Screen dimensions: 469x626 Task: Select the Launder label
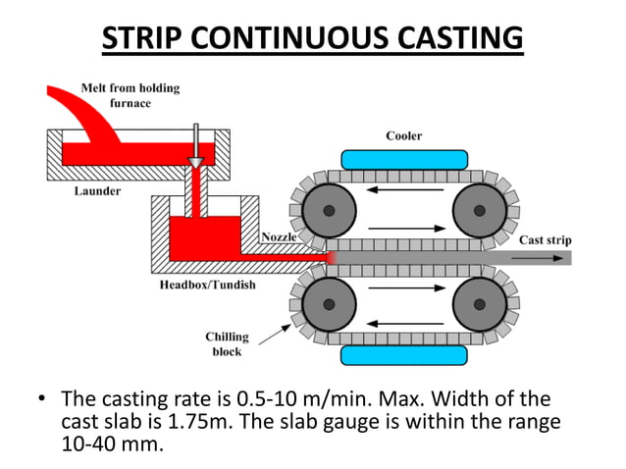click(x=98, y=191)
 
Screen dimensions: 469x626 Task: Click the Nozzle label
click(x=280, y=237)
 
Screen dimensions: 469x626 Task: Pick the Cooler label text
click(x=402, y=135)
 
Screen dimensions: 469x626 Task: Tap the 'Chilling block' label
click(x=227, y=343)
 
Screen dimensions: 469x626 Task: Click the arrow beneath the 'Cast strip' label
click(x=546, y=258)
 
